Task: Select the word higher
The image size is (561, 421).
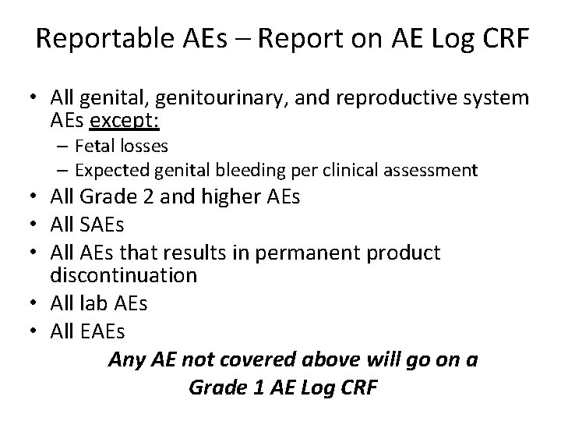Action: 218,199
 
